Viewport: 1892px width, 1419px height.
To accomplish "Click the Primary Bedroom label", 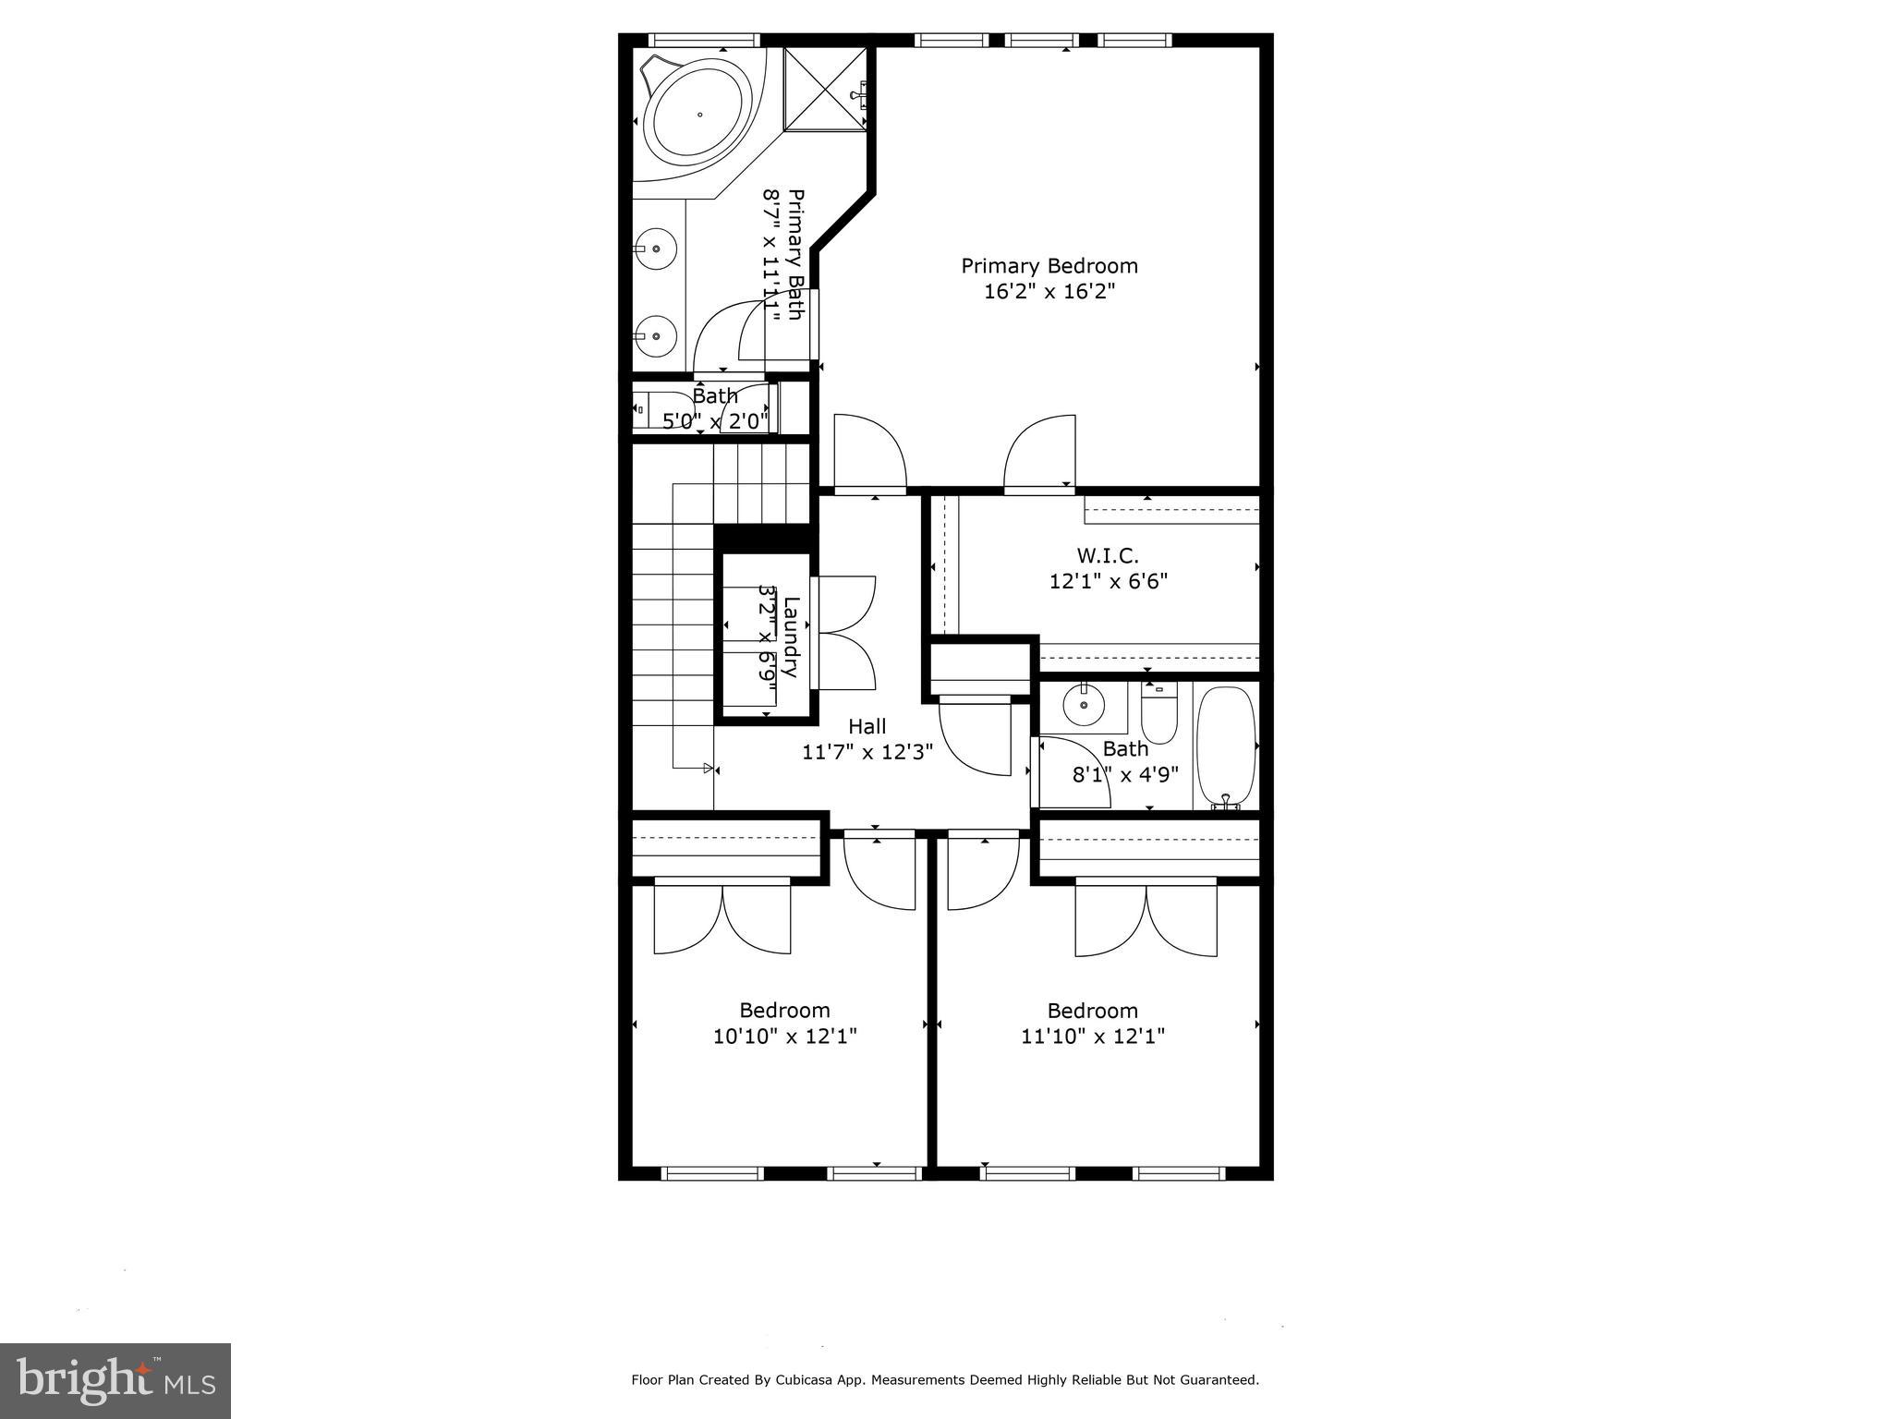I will coord(1049,266).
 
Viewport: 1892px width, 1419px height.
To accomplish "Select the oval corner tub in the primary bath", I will coord(699,115).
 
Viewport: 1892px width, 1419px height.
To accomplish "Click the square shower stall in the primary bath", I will coord(825,90).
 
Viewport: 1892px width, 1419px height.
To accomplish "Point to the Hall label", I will coord(867,726).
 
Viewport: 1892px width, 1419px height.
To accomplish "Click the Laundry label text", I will coord(791,637).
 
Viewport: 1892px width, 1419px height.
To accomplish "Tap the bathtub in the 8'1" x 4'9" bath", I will coord(1226,746).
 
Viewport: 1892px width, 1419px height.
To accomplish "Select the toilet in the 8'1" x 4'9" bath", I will coord(1158,717).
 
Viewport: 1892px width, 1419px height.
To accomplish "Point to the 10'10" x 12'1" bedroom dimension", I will coord(784,1037).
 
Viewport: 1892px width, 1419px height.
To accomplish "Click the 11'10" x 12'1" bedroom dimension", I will coord(1092,1037).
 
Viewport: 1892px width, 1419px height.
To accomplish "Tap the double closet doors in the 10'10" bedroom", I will coord(722,916).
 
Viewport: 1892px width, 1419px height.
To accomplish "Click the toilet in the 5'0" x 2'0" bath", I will coord(650,407).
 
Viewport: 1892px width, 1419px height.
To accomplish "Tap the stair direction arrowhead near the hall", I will coord(709,768).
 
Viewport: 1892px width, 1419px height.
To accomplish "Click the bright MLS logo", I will coord(115,1380).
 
